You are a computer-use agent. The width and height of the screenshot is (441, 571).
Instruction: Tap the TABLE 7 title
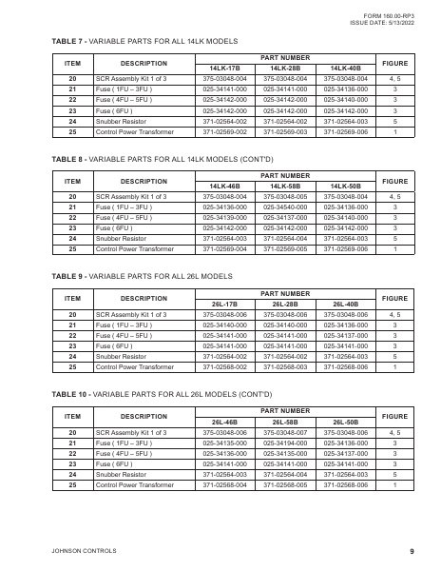pos(143,43)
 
